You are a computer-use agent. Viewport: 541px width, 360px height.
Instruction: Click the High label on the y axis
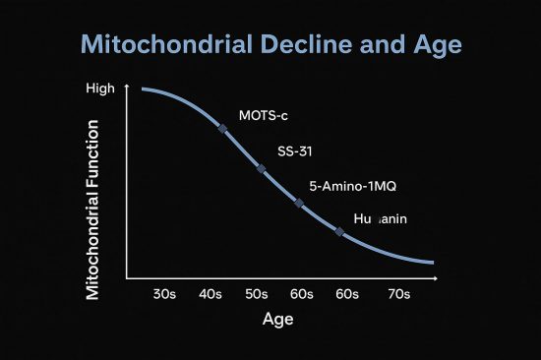point(101,89)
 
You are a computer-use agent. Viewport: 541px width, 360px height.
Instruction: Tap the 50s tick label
point(258,294)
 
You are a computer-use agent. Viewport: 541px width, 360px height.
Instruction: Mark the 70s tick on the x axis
point(398,294)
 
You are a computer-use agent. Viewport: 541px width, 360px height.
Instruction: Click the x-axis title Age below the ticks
point(278,320)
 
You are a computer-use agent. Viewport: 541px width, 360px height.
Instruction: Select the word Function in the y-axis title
point(94,158)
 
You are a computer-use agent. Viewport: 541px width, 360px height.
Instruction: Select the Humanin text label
point(380,218)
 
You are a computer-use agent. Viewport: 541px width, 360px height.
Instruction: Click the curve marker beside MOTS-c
point(222,129)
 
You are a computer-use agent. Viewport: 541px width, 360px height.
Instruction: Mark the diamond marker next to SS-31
point(261,168)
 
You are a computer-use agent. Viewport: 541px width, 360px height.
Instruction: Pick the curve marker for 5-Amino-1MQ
point(299,203)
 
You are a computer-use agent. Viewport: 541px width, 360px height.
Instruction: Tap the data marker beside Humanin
point(339,232)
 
